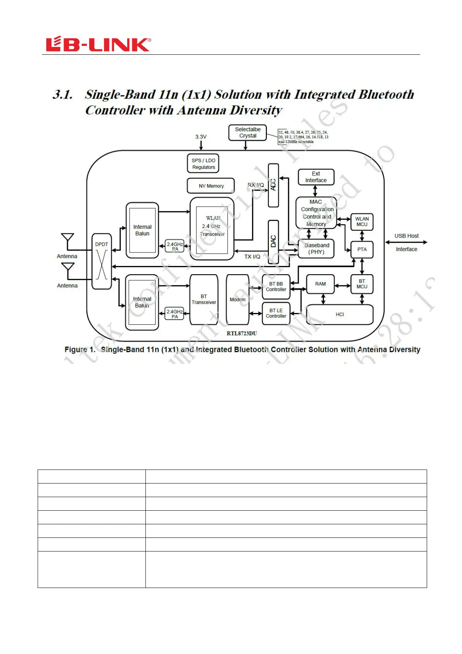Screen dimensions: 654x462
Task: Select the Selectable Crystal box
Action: point(247,132)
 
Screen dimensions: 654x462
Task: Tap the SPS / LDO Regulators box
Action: point(203,163)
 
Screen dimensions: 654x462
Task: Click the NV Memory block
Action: point(211,186)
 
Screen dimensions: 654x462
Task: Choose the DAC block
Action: point(273,242)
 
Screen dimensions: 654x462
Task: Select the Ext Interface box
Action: point(316,177)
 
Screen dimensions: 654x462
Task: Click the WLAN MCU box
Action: point(362,222)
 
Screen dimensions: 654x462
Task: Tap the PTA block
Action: point(362,249)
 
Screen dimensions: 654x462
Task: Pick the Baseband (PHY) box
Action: point(317,249)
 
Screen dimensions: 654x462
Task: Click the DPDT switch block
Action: point(102,261)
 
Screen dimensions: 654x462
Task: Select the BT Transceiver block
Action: point(204,299)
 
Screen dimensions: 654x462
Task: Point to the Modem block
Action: point(237,299)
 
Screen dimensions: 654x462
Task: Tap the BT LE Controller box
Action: point(276,313)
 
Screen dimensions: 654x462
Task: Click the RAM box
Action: point(320,284)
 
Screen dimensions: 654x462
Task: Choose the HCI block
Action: point(340,315)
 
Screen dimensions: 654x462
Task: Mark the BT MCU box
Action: point(362,284)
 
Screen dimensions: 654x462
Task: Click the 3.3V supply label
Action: point(201,137)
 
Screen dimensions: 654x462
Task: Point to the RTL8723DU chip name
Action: point(242,333)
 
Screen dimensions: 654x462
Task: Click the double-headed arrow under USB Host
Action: point(406,242)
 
